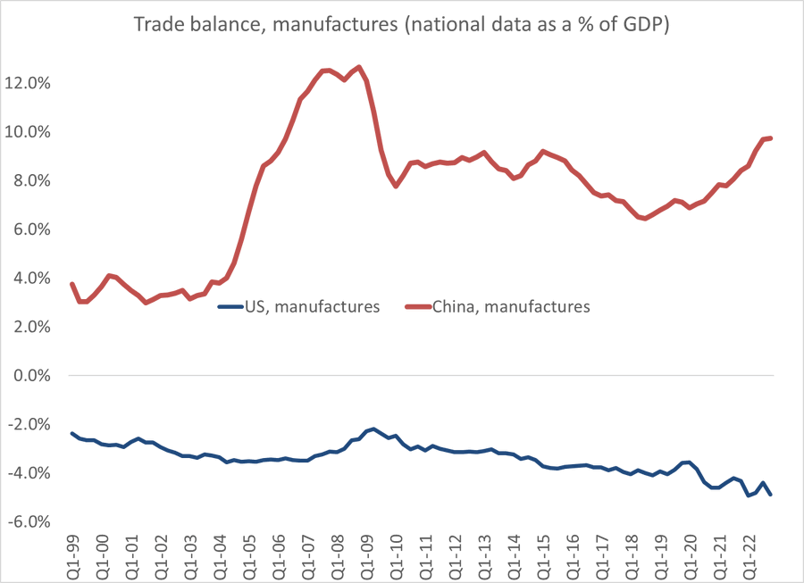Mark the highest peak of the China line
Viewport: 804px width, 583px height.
click(358, 67)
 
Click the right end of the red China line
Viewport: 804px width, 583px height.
click(771, 137)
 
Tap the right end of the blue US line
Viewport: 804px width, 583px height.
click(771, 494)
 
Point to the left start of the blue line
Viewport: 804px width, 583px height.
click(71, 433)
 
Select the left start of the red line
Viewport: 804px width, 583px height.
click(71, 284)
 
